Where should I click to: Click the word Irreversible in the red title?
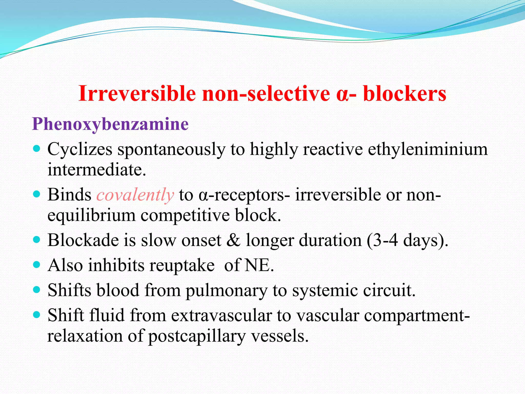click(x=137, y=94)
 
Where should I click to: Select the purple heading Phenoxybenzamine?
click(x=110, y=124)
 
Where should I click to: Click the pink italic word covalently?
click(x=135, y=195)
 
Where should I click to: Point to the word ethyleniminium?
click(x=428, y=150)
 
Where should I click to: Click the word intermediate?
click(x=97, y=170)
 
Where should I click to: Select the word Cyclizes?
click(x=80, y=150)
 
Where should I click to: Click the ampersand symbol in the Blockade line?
click(x=233, y=241)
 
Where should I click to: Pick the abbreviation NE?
click(x=259, y=265)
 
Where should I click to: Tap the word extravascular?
click(x=221, y=316)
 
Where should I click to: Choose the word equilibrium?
click(x=91, y=215)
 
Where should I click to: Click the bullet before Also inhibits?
click(x=37, y=264)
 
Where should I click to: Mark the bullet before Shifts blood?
click(x=37, y=290)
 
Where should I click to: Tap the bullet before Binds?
click(x=37, y=194)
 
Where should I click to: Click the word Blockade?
click(x=83, y=241)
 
